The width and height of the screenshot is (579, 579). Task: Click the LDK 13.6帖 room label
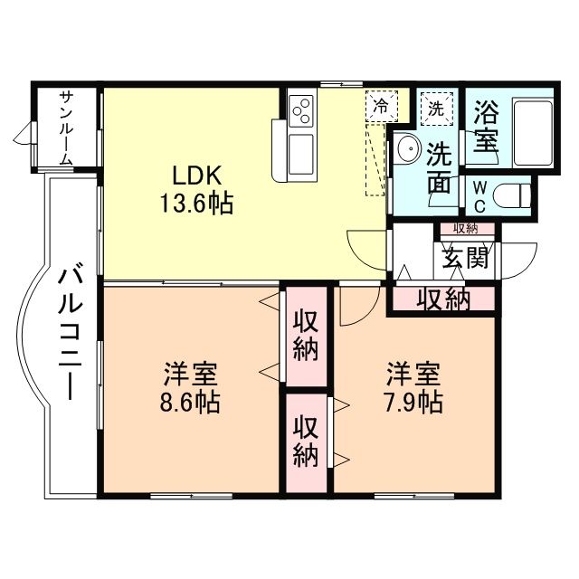point(196,190)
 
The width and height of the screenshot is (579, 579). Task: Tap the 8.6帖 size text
point(190,402)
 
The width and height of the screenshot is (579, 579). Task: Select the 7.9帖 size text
point(413,402)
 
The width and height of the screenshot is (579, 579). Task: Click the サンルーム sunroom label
point(66,128)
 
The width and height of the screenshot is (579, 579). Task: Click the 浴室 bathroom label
point(486,127)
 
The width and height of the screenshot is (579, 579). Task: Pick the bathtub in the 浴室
point(533,133)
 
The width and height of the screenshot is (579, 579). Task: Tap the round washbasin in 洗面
point(406,148)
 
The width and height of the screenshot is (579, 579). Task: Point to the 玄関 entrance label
point(466,257)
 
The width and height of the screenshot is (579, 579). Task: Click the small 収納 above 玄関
point(467,229)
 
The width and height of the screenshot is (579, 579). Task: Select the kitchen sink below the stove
point(301,154)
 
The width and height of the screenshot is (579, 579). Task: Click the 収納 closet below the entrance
point(442,299)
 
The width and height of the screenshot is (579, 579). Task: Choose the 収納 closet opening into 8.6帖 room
point(306,337)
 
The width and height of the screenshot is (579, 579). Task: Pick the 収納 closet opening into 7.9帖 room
point(306,443)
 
